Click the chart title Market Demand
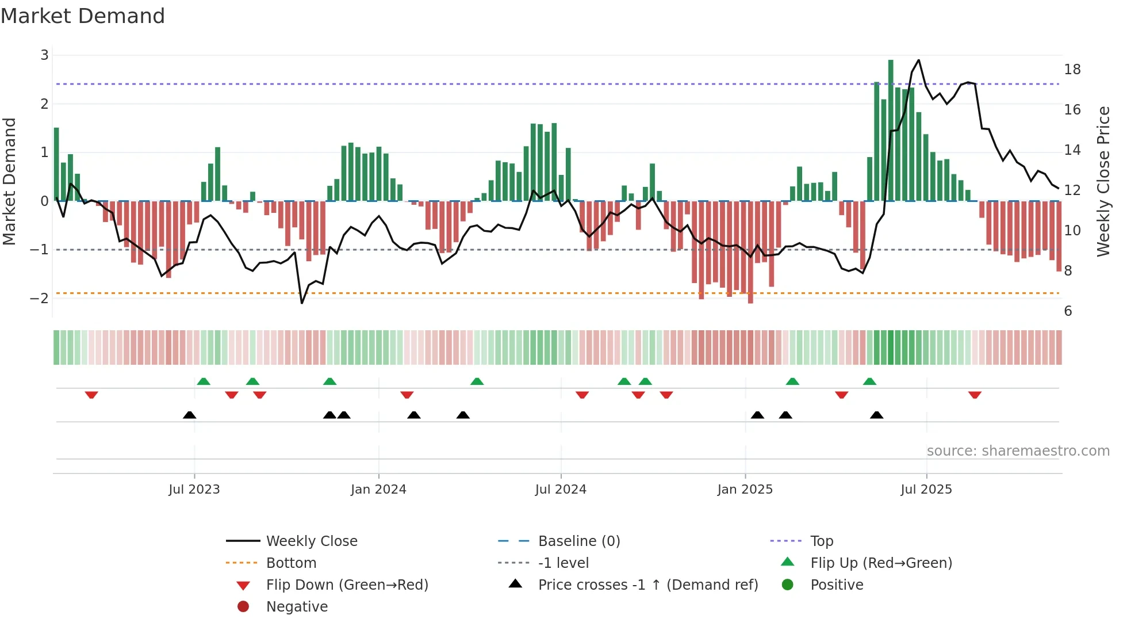pos(83,16)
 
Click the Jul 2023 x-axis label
pos(194,490)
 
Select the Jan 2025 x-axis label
pos(745,490)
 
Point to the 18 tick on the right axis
pos(1072,70)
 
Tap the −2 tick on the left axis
pos(39,298)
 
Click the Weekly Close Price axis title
pos(1103,181)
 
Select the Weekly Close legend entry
pos(311,541)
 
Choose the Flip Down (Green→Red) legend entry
pos(347,585)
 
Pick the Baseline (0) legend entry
pos(578,541)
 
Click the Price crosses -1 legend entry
pos(647,585)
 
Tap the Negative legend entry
pos(297,607)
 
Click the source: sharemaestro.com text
pos(1018,451)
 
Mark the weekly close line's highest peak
pos(918,60)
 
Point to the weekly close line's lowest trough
pos(302,303)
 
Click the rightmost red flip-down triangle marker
pos(975,395)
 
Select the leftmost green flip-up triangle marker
pos(204,381)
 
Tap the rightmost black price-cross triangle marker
pos(876,415)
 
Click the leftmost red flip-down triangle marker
pos(91,395)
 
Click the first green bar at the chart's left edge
pos(56,164)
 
